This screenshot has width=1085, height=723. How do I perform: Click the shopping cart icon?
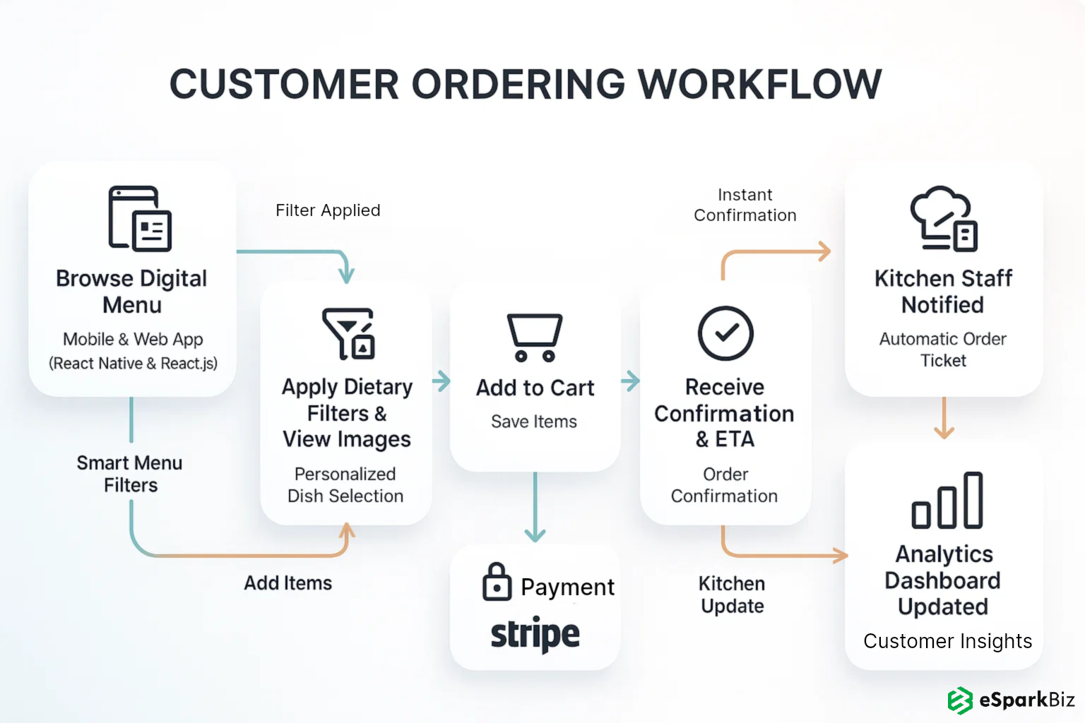(535, 337)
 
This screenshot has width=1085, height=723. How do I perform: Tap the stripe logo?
(535, 634)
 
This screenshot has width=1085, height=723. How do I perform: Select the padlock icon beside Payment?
(497, 582)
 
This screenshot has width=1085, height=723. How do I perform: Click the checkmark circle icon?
(725, 333)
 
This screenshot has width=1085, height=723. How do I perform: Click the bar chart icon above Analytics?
(947, 501)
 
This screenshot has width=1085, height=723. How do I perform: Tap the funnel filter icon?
(348, 333)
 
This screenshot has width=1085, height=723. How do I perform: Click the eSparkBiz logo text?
(1026, 700)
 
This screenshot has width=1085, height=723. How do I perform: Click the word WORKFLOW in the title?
(760, 84)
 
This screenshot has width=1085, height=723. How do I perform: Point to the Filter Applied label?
(328, 210)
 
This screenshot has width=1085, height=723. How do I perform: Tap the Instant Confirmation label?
(745, 205)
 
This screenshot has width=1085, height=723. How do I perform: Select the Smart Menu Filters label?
(130, 474)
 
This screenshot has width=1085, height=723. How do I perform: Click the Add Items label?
(288, 583)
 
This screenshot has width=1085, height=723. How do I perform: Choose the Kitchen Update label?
(733, 594)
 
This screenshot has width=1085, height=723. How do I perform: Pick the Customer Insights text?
(947, 641)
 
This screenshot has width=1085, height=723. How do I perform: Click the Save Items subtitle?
(534, 422)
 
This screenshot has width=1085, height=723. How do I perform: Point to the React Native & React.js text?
(133, 364)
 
